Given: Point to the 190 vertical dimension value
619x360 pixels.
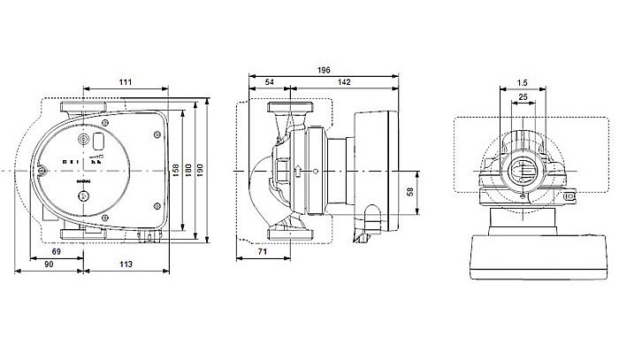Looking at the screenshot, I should click(209, 168).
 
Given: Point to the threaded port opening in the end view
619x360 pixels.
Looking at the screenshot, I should click(522, 168).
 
